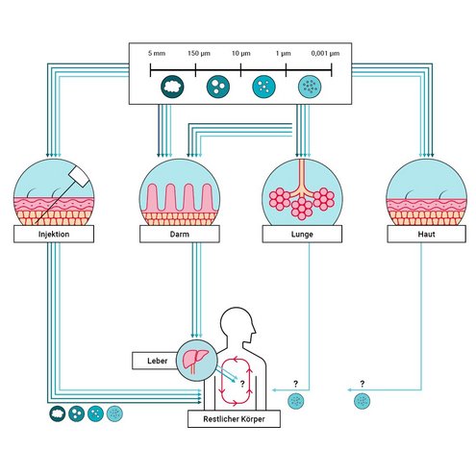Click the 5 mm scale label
tap(157, 53)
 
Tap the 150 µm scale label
tap(199, 53)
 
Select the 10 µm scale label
tap(241, 53)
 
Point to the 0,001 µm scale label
tap(325, 53)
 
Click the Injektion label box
tap(54, 234)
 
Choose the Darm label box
tap(180, 234)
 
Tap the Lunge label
tap(302, 235)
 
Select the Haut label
tap(426, 235)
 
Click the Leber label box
tap(155, 361)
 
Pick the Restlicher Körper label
tap(234, 419)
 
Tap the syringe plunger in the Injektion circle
tap(79, 177)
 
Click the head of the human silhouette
tap(238, 324)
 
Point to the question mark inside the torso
tap(242, 384)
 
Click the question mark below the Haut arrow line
tap(363, 384)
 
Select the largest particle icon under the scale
tap(172, 87)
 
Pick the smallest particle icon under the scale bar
tap(310, 87)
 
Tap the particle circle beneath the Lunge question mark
tap(296, 401)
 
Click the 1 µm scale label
tap(284, 53)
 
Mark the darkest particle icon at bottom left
tap(58, 413)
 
